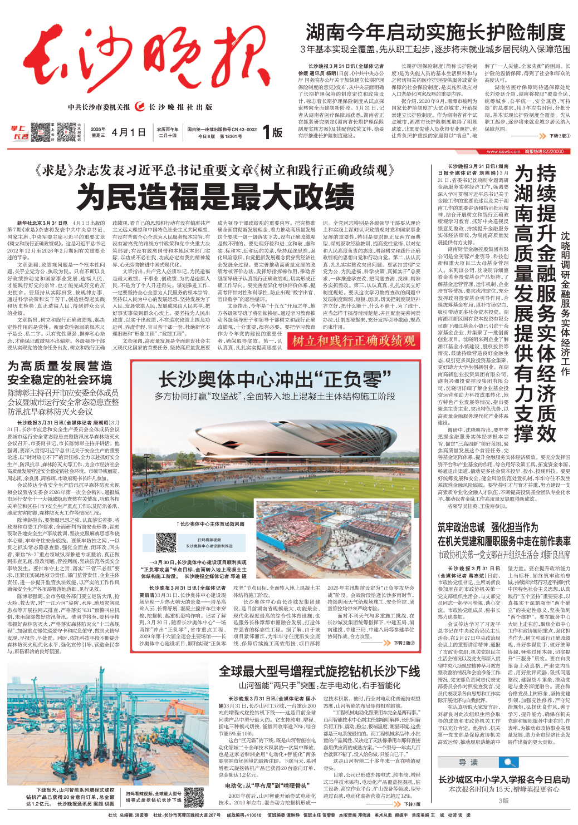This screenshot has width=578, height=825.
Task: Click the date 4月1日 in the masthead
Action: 129,132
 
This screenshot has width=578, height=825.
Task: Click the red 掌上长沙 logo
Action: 19,133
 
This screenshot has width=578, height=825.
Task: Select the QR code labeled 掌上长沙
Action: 41,132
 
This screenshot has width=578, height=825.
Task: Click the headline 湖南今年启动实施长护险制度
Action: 435,32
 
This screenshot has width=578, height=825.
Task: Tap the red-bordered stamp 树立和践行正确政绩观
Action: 354,341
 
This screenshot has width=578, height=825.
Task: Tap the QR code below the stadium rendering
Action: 166,542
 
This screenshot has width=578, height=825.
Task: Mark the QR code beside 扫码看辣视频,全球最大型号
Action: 194,797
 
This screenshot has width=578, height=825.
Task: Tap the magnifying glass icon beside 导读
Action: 508,762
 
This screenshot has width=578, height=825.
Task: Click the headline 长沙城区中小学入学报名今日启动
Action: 504,779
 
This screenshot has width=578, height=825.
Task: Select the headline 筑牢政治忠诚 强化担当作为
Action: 488,527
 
